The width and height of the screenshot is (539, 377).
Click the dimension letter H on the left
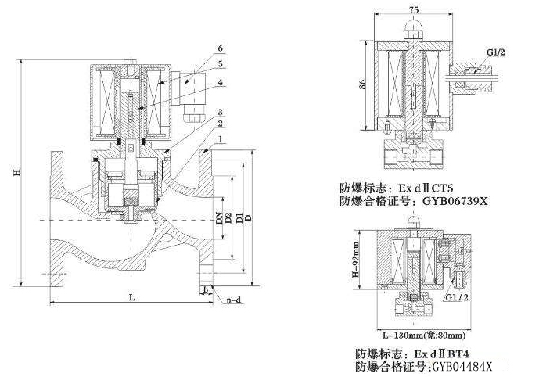(16, 174)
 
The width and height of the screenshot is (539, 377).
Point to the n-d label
(233, 299)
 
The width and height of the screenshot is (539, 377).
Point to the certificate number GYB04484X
(461, 366)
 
